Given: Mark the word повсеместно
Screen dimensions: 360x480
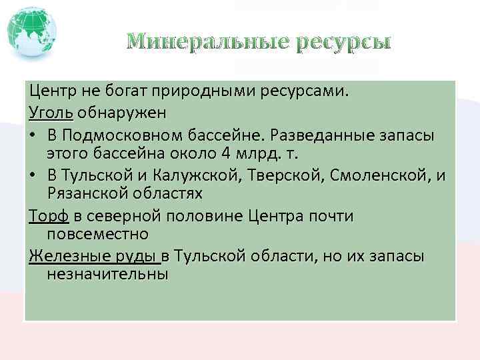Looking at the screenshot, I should [97, 235].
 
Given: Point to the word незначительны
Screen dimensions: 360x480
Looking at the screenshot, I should [107, 275].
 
